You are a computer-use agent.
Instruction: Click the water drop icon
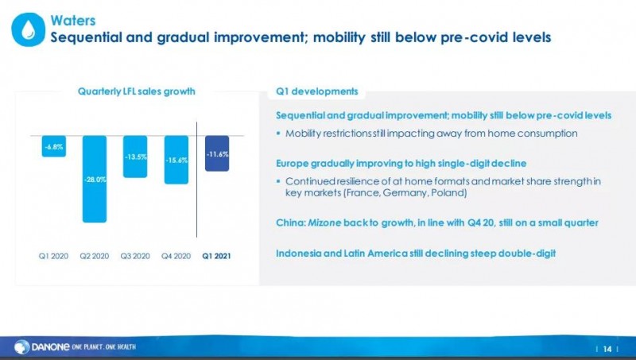[28, 29]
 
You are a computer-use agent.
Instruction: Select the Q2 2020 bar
[95, 179]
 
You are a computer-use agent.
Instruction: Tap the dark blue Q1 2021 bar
[217, 153]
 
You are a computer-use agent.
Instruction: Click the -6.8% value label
[54, 147]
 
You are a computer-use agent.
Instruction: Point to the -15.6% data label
[176, 161]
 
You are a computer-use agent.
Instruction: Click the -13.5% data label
[135, 157]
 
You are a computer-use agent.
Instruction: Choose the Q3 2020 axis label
[135, 256]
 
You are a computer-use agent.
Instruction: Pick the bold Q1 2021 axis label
[216, 256]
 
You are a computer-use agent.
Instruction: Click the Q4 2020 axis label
[176, 256]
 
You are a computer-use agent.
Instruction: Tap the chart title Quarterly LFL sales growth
[136, 91]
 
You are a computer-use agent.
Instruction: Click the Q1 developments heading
[316, 91]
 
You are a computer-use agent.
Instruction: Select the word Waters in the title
[73, 21]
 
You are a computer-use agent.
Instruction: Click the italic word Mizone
[324, 223]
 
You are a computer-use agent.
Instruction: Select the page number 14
[607, 349]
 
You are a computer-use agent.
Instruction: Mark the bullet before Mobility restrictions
[278, 134]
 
